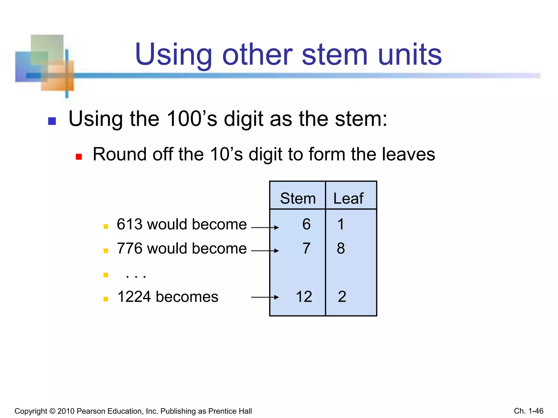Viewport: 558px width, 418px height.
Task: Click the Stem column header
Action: pyautogui.click(x=298, y=198)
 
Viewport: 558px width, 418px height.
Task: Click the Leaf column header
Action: pyautogui.click(x=348, y=198)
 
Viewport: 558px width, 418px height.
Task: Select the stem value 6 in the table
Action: pyautogui.click(x=306, y=224)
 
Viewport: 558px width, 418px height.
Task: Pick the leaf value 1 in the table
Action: pyautogui.click(x=341, y=224)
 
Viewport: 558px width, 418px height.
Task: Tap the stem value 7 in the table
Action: pyautogui.click(x=306, y=248)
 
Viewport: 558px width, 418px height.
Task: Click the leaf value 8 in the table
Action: pyautogui.click(x=341, y=248)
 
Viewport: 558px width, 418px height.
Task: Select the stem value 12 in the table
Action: pyautogui.click(x=304, y=297)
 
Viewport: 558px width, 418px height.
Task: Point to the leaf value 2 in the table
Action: pyautogui.click(x=342, y=297)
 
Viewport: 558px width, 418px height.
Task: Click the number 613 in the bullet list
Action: pyautogui.click(x=130, y=224)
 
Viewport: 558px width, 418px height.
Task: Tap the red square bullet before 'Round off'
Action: pyautogui.click(x=79, y=157)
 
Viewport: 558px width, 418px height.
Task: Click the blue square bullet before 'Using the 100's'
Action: pyautogui.click(x=52, y=121)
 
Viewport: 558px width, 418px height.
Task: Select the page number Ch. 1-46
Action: pyautogui.click(x=528, y=411)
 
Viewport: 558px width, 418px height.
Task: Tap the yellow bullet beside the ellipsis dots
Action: pyautogui.click(x=106, y=275)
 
